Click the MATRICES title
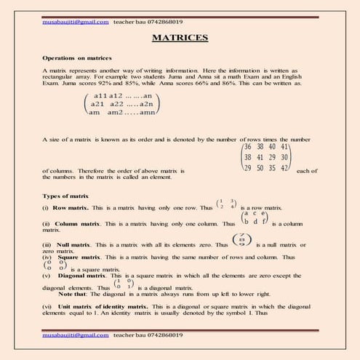(180, 37)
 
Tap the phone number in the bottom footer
(156, 337)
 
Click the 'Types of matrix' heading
(65, 196)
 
